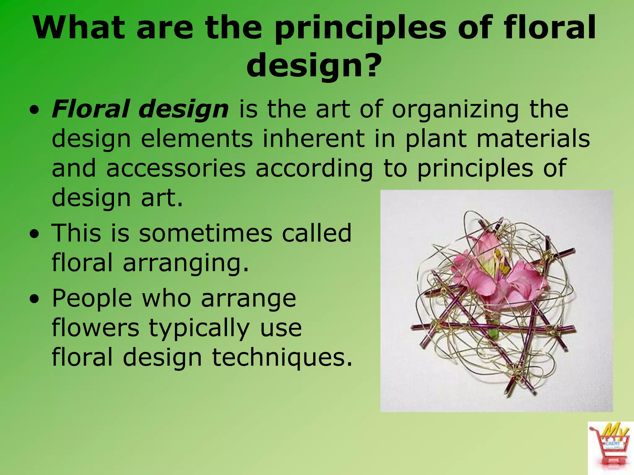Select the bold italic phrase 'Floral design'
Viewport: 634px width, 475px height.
pos(140,109)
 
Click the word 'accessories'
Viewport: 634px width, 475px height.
pos(176,169)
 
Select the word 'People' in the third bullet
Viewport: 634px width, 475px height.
pos(92,298)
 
